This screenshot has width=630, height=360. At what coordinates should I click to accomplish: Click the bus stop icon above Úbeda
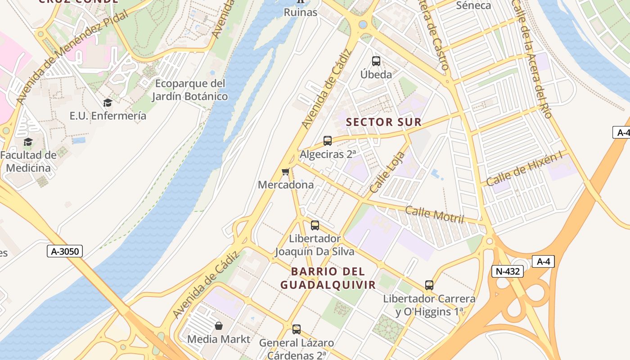click(376, 61)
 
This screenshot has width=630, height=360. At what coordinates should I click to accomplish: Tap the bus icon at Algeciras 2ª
click(328, 141)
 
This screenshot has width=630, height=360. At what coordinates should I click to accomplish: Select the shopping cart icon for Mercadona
click(285, 171)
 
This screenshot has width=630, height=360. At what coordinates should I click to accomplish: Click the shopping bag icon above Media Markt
click(219, 325)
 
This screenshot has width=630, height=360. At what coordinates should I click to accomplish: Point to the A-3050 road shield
click(65, 251)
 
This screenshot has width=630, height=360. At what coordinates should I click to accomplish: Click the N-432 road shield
click(508, 271)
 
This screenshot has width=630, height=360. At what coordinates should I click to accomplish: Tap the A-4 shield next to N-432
click(543, 261)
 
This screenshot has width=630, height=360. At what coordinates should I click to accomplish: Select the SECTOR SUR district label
click(383, 122)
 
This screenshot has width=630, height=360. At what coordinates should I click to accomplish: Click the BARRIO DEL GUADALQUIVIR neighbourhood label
click(328, 278)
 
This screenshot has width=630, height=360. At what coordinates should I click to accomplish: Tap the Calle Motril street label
click(434, 214)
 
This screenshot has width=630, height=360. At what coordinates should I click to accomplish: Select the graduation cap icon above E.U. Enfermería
click(108, 103)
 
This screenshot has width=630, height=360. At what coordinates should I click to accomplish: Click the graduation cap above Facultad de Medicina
click(28, 142)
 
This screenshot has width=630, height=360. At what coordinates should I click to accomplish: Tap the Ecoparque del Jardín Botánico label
click(189, 90)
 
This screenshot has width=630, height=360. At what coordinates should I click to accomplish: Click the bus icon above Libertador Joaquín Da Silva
click(315, 225)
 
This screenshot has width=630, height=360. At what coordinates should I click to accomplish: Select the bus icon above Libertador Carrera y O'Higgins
click(429, 285)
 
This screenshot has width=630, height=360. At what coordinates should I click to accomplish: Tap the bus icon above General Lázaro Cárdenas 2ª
click(297, 329)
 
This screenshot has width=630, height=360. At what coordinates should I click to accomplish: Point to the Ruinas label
click(300, 12)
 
